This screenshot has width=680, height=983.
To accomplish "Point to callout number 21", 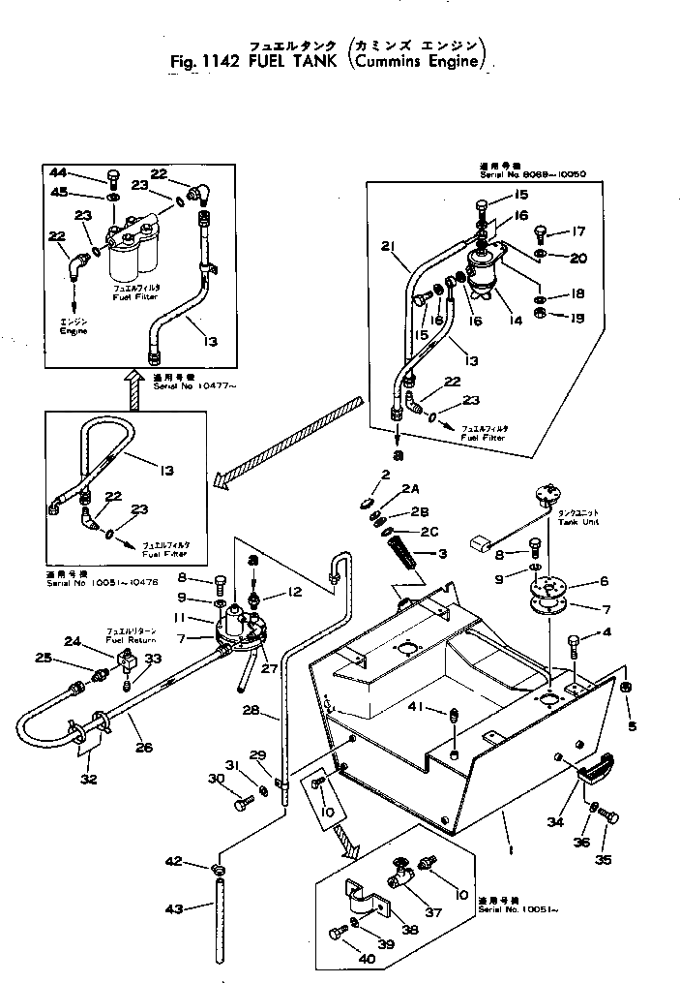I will pos(388,244).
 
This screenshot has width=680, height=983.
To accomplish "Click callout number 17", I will pos(578,230).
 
